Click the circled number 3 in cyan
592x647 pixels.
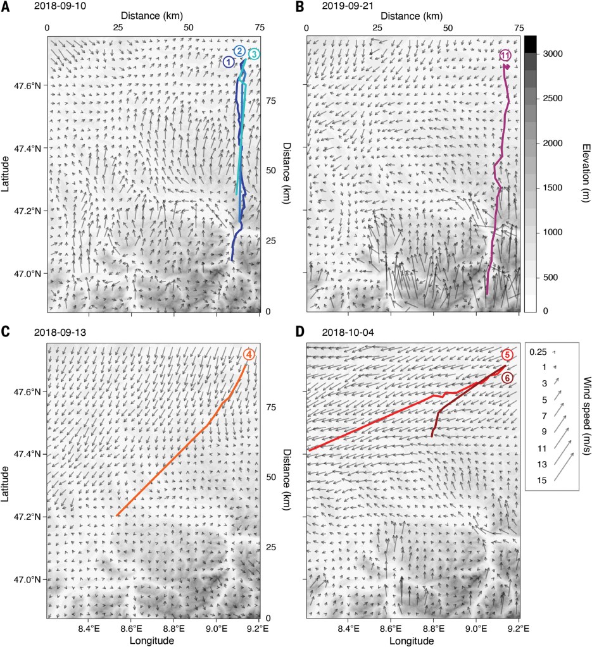point(254,54)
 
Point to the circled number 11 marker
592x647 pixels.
point(505,56)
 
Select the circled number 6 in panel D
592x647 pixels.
point(507,378)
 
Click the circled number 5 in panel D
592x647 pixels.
point(507,355)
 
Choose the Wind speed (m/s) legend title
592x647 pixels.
point(585,410)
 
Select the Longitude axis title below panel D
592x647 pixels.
point(412,641)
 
